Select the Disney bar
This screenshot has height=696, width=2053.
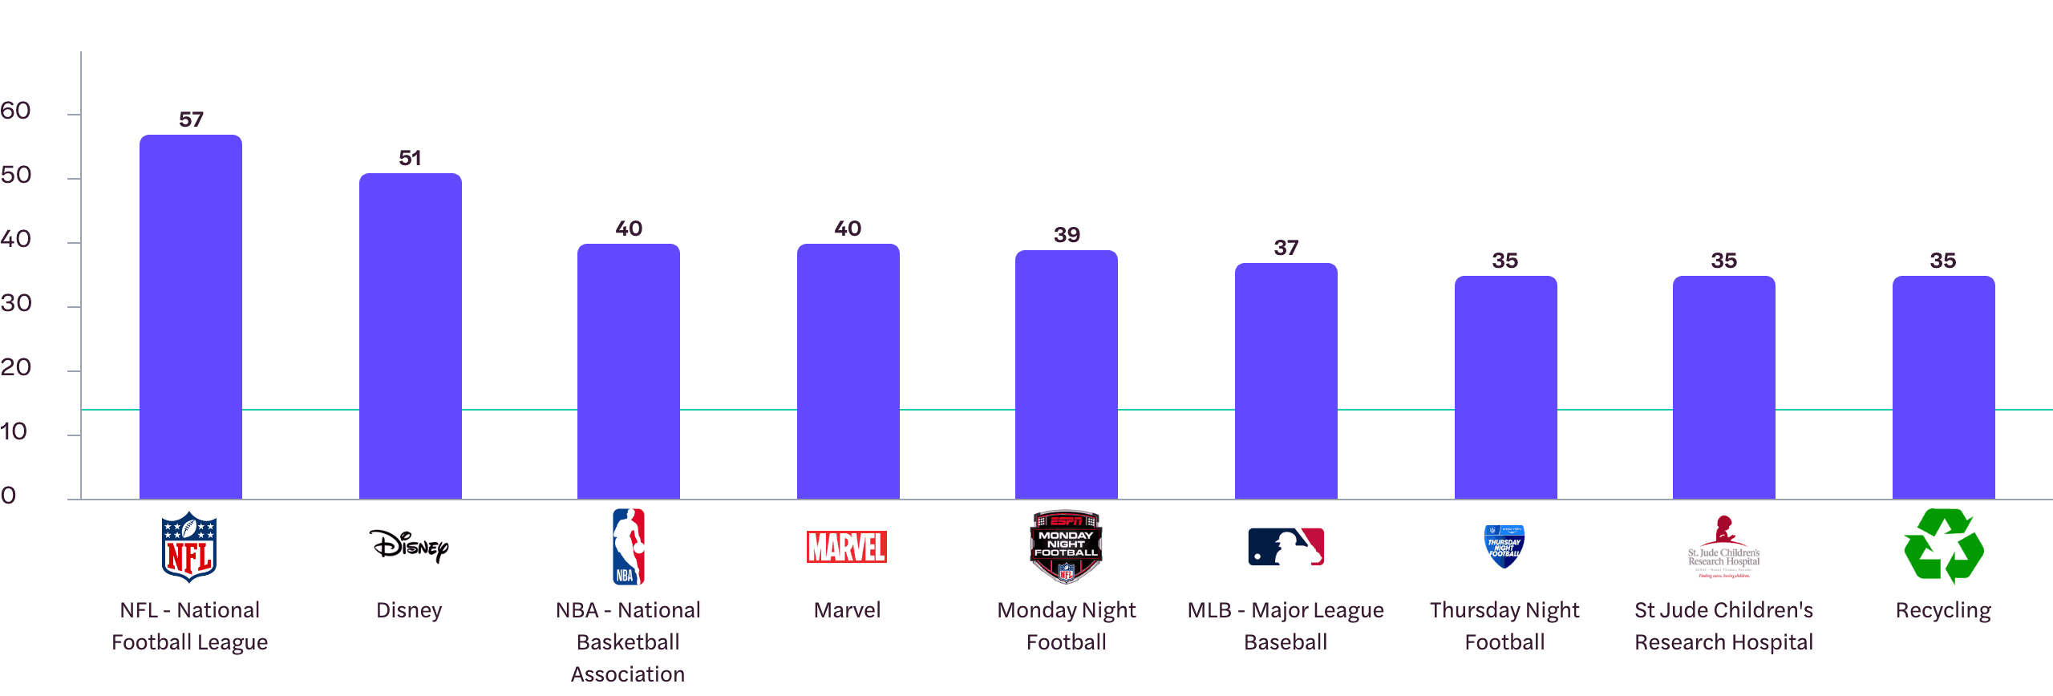pyautogui.click(x=410, y=336)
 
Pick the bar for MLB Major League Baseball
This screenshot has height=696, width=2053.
pyautogui.click(x=1286, y=381)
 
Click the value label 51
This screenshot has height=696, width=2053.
pyautogui.click(x=410, y=158)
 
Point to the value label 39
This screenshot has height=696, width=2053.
pyautogui.click(x=1067, y=235)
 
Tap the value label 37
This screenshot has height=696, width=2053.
pyautogui.click(x=1286, y=248)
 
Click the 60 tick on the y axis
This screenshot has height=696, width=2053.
pyautogui.click(x=16, y=111)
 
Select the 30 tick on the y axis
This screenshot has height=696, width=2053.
pyautogui.click(x=16, y=303)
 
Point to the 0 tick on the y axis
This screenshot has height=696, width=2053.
pyautogui.click(x=9, y=496)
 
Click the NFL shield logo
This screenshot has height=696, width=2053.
pyautogui.click(x=189, y=547)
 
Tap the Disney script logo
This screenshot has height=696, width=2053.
pyautogui.click(x=409, y=546)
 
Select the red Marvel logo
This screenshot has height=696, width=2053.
pyautogui.click(x=847, y=547)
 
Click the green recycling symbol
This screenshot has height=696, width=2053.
pyautogui.click(x=1943, y=546)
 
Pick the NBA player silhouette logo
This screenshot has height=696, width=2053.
pyautogui.click(x=628, y=546)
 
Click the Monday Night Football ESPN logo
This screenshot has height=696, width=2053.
pyautogui.click(x=1066, y=547)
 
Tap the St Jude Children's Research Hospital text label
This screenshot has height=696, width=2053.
pyautogui.click(x=1723, y=626)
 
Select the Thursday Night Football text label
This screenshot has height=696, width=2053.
pyautogui.click(x=1504, y=626)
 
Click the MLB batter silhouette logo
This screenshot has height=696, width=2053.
pyautogui.click(x=1286, y=547)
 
